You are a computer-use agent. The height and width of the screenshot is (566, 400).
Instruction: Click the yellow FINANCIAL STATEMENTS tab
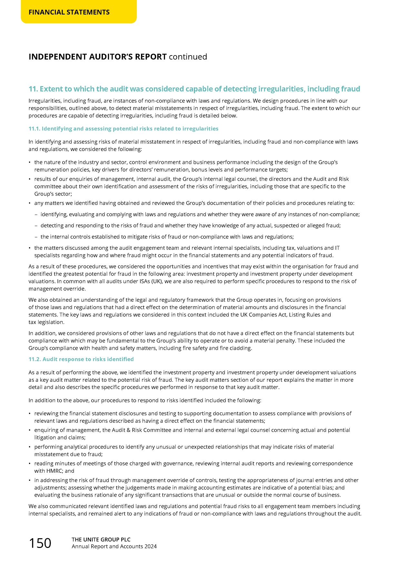point(69,12)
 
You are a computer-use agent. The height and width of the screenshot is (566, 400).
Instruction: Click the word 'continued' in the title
point(188,57)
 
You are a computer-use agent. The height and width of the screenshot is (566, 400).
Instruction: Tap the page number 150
point(40,543)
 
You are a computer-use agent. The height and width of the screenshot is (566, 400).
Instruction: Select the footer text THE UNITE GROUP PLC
point(101,540)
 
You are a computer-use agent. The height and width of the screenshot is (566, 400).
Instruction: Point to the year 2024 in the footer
point(150,546)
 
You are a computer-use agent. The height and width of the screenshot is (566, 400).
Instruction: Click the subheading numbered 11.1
point(123,129)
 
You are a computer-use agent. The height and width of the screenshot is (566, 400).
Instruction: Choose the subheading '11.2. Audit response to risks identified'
point(81,359)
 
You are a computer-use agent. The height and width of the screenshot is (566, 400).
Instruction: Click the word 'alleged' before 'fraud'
point(315,226)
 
